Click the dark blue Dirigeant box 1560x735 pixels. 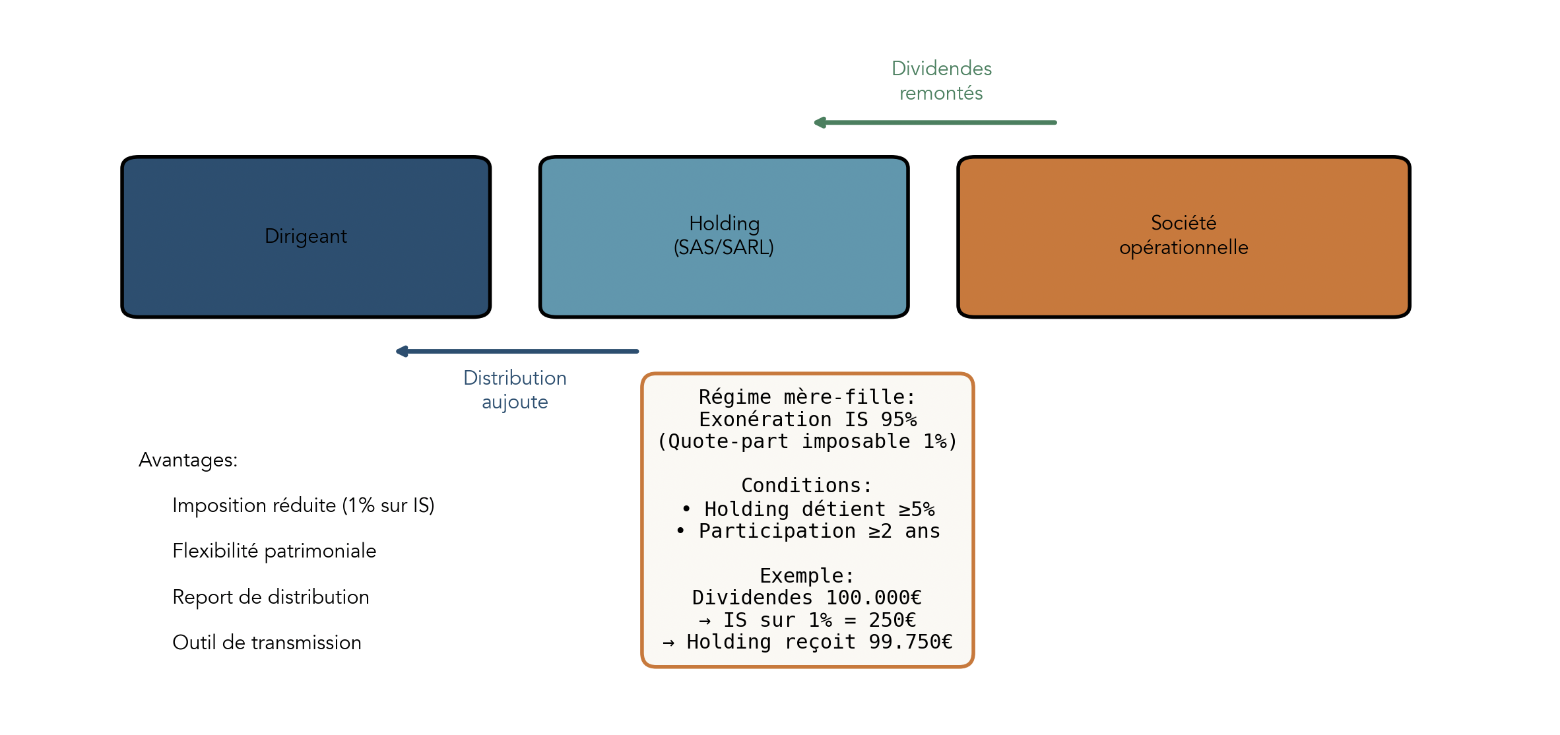[306, 237]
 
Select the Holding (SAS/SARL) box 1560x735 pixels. [724, 237]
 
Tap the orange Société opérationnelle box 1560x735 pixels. [1183, 237]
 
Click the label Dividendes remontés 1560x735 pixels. [941, 80]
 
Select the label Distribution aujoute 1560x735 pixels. [515, 389]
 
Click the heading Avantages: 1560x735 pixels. [188, 460]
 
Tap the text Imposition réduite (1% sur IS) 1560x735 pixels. [303, 505]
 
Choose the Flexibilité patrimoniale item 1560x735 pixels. [274, 551]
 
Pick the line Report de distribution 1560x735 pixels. [271, 597]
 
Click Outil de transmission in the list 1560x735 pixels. [267, 643]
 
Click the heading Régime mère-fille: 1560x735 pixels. [807, 397]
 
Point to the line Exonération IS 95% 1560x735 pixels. [807, 420]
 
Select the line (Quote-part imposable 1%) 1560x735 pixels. [807, 441]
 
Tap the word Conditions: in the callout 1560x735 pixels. [807, 486]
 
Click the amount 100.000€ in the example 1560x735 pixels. [874, 598]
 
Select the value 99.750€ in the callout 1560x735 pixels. [911, 642]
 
